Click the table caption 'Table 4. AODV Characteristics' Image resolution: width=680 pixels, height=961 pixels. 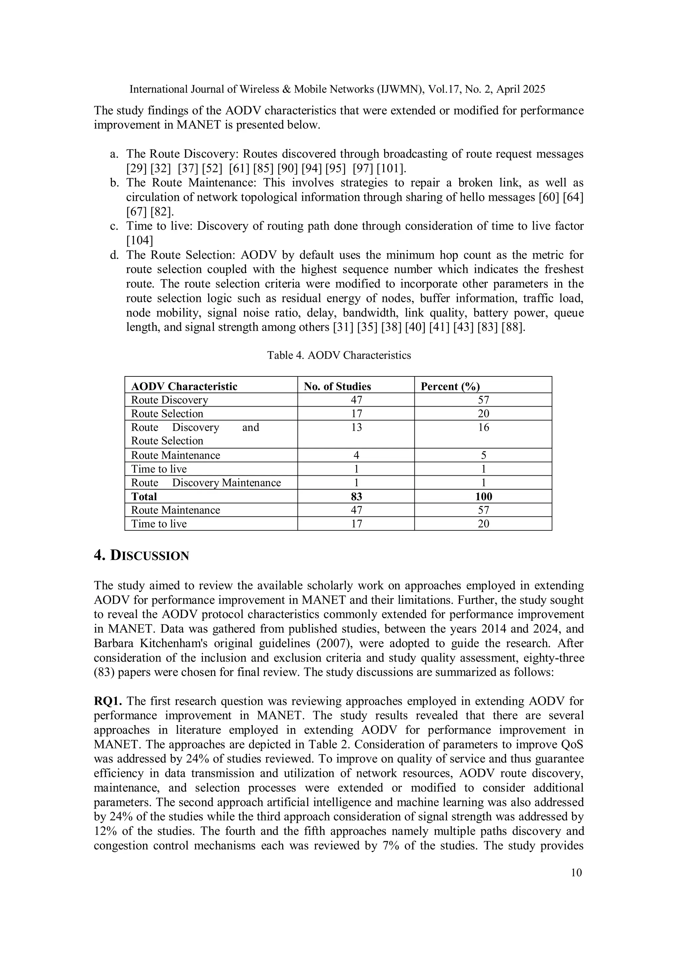(x=339, y=355)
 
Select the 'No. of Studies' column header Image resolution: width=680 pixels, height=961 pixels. (x=337, y=386)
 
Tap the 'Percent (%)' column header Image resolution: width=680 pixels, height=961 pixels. (x=450, y=386)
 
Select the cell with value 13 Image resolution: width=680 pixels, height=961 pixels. (x=356, y=427)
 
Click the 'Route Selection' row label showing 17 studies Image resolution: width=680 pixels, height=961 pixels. (x=167, y=414)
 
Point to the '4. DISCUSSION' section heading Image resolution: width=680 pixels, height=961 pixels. (x=141, y=555)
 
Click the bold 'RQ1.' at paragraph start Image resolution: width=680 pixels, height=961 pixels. (x=108, y=701)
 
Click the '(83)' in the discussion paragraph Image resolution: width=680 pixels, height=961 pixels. (x=106, y=672)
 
